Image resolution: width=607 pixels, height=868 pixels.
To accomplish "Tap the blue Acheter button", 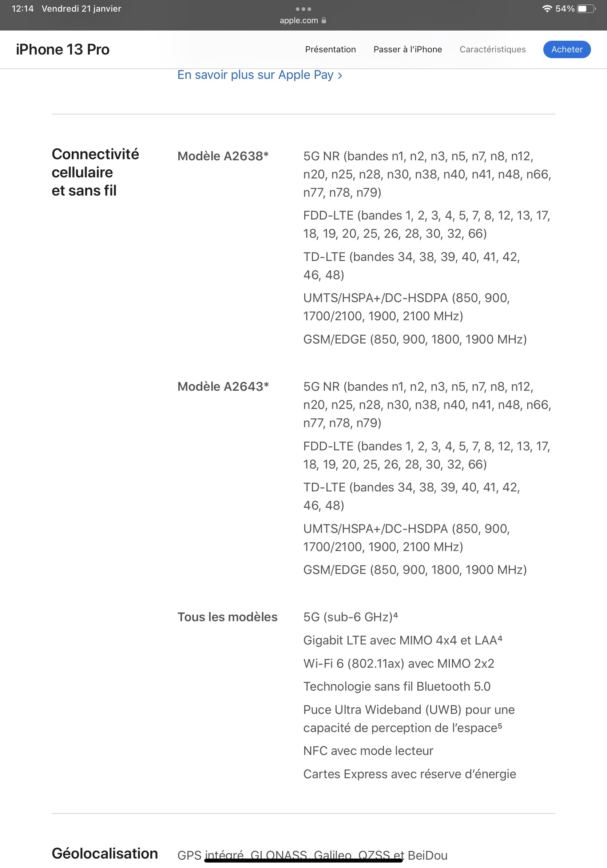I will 567,49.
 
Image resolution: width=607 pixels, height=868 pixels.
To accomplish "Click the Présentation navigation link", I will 330,49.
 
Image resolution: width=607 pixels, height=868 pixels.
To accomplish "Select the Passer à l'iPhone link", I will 408,49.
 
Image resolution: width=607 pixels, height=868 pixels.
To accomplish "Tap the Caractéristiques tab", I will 492,49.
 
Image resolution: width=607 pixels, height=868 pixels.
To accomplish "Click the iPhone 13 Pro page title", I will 63,49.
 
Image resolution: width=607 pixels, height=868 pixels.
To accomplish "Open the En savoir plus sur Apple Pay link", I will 259,75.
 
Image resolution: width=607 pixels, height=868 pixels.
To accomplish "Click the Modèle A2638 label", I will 223,156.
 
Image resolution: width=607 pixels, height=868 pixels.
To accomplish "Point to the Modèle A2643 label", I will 223,386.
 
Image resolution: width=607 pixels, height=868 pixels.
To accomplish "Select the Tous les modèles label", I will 227,617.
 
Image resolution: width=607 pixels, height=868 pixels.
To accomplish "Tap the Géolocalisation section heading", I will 105,853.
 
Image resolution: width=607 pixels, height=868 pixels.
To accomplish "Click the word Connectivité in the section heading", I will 95,154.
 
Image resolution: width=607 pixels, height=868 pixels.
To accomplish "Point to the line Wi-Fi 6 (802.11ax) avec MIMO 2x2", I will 398,663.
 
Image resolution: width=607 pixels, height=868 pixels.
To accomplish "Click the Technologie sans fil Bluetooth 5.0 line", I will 397,687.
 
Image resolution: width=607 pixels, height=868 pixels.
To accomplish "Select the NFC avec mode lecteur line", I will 368,751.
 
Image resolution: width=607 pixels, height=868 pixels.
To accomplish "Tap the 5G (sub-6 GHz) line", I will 350,617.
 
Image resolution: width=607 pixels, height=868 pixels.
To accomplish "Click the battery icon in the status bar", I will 586,9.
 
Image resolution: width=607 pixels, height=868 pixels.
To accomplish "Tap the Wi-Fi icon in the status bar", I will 547,9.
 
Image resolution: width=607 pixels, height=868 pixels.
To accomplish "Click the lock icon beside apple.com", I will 324,20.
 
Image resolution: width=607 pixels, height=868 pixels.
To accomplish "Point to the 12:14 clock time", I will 23,9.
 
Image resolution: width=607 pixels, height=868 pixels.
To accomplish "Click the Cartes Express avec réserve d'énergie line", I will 409,774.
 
